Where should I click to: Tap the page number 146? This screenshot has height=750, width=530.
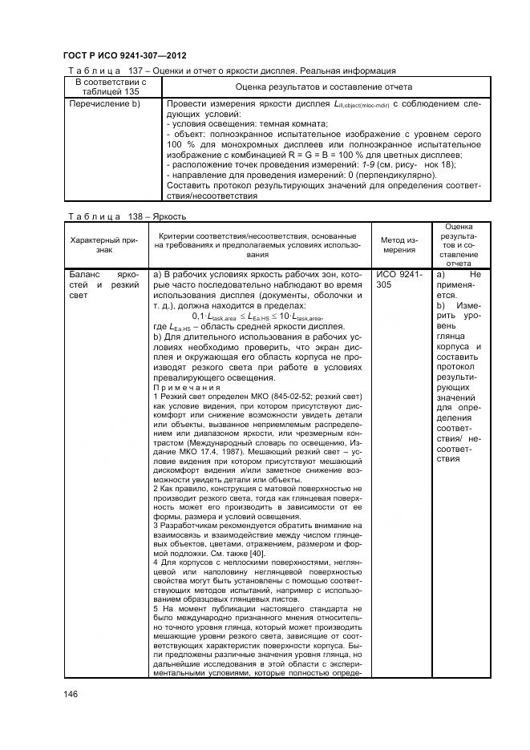pyautogui.click(x=71, y=696)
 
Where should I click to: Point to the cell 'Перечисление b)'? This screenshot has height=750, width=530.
pyautogui.click(x=105, y=104)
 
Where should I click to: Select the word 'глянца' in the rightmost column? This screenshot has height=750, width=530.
pyautogui.click(x=453, y=336)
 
